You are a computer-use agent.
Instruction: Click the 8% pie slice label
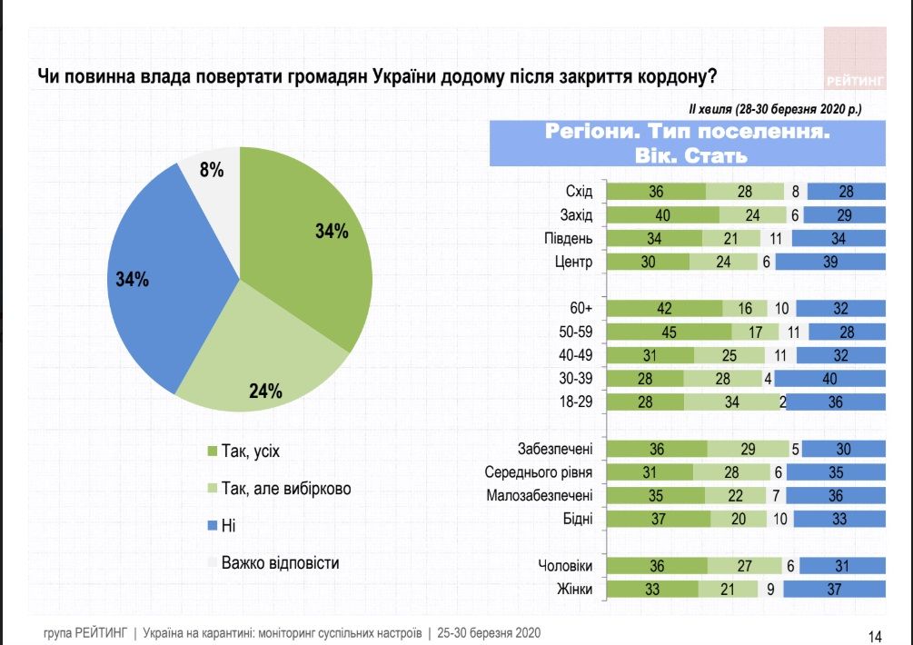212,170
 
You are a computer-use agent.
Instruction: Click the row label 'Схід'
578,192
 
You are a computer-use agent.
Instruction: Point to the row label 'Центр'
574,263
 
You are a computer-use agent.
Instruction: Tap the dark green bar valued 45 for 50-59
668,332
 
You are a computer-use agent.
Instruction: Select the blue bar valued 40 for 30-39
829,379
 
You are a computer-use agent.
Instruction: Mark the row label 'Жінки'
574,590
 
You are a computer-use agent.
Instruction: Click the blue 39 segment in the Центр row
829,263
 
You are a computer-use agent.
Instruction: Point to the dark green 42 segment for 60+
664,308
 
